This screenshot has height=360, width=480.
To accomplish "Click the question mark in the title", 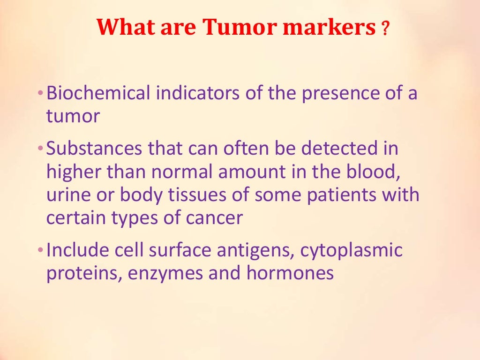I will pyautogui.click(x=386, y=30).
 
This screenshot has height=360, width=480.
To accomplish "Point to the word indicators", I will pyautogui.click(x=196, y=93).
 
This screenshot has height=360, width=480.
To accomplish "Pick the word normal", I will pyautogui.click(x=180, y=172).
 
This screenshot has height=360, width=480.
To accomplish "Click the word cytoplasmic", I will pyautogui.click(x=352, y=251).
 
